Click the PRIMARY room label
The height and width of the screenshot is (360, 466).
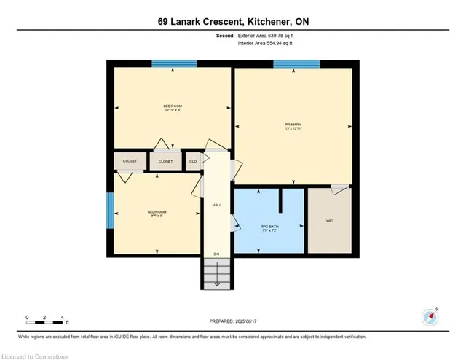click(x=293, y=124)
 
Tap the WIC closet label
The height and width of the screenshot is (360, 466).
click(x=329, y=219)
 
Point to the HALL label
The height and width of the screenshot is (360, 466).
click(x=216, y=206)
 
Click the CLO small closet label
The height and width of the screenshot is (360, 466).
click(x=193, y=161)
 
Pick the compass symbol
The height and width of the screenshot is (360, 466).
click(x=430, y=317)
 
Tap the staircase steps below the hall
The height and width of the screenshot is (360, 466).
click(x=216, y=275)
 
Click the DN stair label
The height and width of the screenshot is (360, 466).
click(x=216, y=254)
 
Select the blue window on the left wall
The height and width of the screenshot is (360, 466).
click(x=110, y=210)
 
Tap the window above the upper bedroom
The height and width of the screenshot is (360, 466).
click(x=172, y=64)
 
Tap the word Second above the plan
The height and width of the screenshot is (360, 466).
click(x=224, y=35)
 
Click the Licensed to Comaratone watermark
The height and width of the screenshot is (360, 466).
click(x=35, y=354)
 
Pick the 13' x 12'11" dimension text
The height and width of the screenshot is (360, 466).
click(x=293, y=129)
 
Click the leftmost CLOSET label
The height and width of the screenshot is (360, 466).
click(x=130, y=161)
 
